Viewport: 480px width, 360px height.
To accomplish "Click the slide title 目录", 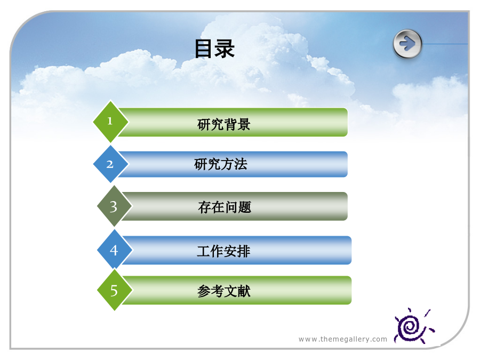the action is point(214,49).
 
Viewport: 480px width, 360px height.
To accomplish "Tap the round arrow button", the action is point(407,44).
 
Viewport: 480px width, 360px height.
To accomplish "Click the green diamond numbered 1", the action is point(110,122).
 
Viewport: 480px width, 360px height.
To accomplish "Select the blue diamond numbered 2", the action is point(110,164).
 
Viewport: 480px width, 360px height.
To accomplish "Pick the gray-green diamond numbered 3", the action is point(114,206).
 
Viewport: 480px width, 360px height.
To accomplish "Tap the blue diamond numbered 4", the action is point(114,250).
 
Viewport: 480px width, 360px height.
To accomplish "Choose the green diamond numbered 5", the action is point(114,290).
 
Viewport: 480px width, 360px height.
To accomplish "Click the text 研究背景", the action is point(224,124).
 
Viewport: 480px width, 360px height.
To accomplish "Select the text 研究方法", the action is point(221,164).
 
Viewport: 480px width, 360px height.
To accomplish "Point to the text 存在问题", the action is point(225,207).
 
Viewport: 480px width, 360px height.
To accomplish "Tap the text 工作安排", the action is point(224,251).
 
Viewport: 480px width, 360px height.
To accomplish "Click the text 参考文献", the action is point(224,291).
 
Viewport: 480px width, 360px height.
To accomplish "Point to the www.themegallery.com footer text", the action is point(343,339).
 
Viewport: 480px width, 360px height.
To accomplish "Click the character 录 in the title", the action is point(225,49).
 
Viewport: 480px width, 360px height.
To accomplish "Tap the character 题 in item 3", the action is point(245,207).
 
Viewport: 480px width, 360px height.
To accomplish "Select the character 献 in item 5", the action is point(244,291).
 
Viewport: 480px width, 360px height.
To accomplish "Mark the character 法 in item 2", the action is point(241,164).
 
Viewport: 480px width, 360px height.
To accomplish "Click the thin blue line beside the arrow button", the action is point(445,44).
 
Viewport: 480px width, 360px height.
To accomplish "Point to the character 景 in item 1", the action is point(244,124).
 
